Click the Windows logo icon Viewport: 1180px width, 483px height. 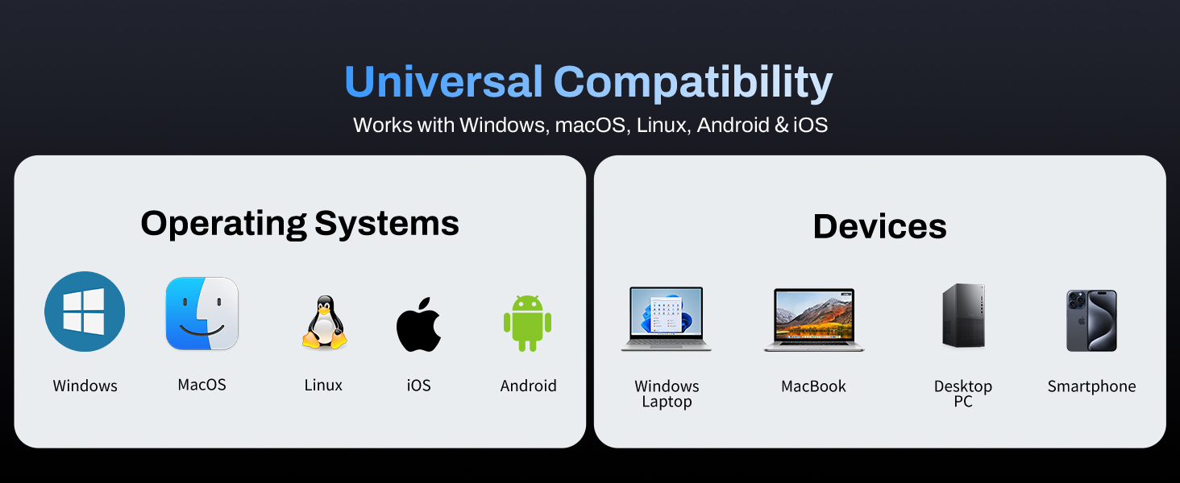[x=85, y=312]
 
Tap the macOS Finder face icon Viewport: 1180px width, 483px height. [x=202, y=314]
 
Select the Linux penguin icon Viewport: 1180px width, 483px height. [x=324, y=323]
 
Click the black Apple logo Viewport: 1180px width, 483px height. [x=418, y=324]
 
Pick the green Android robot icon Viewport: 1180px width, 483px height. [x=528, y=322]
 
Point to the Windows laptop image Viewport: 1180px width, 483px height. [x=667, y=319]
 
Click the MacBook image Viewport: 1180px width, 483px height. [x=813, y=320]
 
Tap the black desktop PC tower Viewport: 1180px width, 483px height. [x=963, y=316]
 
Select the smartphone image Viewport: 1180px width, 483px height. [x=1091, y=320]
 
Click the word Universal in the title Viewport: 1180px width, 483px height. [x=443, y=82]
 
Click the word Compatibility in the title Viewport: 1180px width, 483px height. [x=693, y=82]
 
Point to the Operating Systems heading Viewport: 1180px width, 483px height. [x=300, y=223]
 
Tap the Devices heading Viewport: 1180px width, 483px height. [x=879, y=226]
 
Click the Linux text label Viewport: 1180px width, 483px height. [x=323, y=386]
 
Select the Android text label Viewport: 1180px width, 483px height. [x=528, y=386]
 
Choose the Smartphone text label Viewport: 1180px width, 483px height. [x=1091, y=386]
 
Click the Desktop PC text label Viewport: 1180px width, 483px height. [x=963, y=394]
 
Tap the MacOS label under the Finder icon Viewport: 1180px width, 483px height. [x=202, y=385]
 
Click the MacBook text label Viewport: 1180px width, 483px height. [x=813, y=386]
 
